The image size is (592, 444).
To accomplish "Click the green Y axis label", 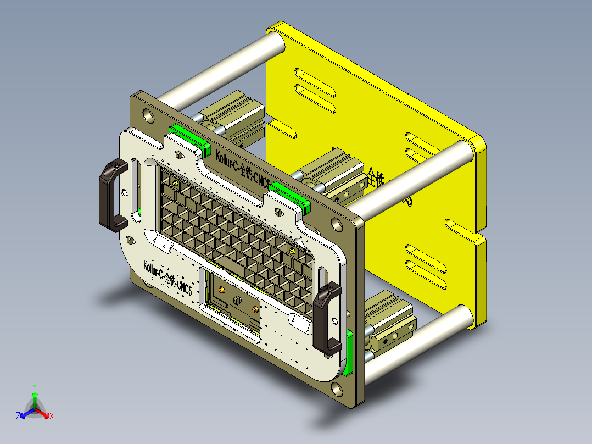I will pos(34,386).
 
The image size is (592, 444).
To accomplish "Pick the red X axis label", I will pos(52,417).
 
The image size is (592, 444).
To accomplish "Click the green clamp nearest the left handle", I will pos(189,138).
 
